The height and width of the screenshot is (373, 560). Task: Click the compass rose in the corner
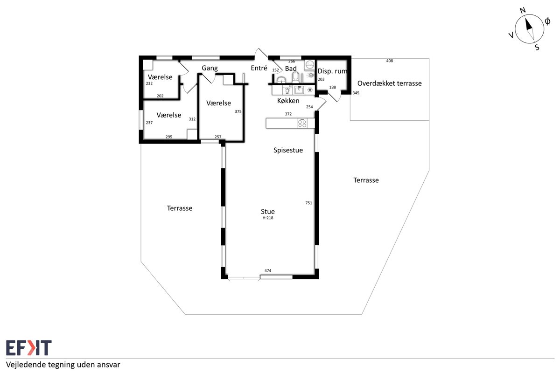tap(529, 29)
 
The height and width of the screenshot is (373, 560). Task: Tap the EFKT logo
tap(29, 347)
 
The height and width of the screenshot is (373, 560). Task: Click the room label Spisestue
tap(288, 150)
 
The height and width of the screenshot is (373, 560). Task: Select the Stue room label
tap(268, 211)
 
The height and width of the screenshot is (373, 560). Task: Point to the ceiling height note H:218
tap(268, 218)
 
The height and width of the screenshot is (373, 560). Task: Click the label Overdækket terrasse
tap(390, 83)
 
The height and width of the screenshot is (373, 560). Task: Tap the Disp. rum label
tap(332, 71)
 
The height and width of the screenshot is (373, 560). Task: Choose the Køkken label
tap(288, 101)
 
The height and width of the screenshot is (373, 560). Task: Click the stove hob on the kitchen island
tap(302, 124)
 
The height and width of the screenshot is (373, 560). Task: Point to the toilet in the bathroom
tap(295, 77)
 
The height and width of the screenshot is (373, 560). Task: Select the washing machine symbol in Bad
tap(310, 65)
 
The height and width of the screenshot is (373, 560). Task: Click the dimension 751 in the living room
tap(309, 203)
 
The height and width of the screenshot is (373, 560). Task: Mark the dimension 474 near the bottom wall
tap(268, 270)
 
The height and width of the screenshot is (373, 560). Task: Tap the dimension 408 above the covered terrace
tap(390, 61)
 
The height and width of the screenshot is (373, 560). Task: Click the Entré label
tap(259, 68)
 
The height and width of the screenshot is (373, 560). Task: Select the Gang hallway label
tap(210, 68)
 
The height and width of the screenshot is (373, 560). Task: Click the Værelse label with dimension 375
tap(218, 103)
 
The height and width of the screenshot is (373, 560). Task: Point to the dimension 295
tap(169, 137)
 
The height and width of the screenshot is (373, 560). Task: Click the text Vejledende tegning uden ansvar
tap(63, 365)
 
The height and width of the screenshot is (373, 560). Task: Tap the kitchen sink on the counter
tap(299, 90)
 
